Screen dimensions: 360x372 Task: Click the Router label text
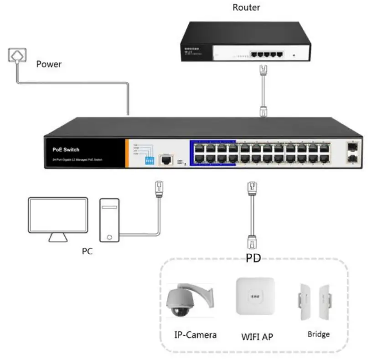[x=246, y=7]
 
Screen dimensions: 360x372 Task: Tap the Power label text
[x=49, y=64]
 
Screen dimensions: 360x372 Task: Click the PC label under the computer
[x=87, y=250]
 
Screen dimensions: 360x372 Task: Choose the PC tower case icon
[x=109, y=219]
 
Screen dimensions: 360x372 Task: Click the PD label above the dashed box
[x=253, y=258]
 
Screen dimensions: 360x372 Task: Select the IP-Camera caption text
[x=196, y=335]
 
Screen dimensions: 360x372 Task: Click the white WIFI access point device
[x=255, y=296]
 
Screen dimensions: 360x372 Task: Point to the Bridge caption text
[x=318, y=334]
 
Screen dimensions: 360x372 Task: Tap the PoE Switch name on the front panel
[x=66, y=150]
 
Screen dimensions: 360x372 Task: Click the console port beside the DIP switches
[x=166, y=160]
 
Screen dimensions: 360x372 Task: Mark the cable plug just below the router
[x=263, y=70]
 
